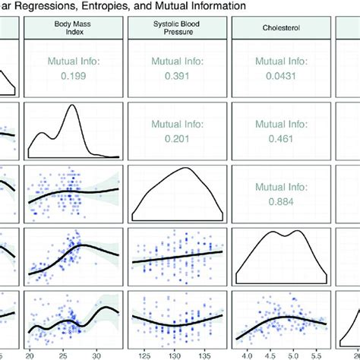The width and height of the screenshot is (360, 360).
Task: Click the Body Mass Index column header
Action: tap(74, 28)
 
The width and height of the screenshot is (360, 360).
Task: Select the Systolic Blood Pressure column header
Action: tap(178, 28)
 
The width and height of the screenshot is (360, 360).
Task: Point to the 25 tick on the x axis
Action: tap(64, 355)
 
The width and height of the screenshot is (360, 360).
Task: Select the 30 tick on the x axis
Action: tap(96, 355)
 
